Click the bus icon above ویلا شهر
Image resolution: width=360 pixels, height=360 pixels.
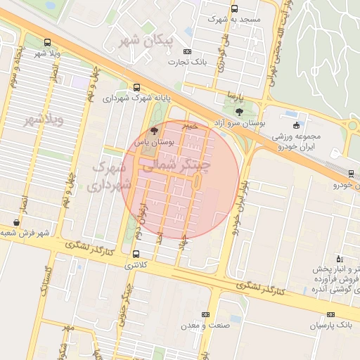coord(47,42)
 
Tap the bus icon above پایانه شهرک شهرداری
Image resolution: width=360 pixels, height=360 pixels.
coord(136,88)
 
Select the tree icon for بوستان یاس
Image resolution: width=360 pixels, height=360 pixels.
coord(155,131)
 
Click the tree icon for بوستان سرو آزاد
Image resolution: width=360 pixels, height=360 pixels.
coord(239,112)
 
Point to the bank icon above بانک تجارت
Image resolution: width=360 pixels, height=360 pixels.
coord(186,51)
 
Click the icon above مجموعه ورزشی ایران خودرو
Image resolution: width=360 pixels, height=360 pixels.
coord(292,115)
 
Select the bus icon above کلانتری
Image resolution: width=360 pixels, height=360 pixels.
coord(136,254)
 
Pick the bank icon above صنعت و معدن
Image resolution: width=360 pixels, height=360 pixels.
coord(205,314)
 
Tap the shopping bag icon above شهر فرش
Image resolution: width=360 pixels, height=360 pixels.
coord(16,222)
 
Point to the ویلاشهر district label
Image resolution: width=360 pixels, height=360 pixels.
coord(44,120)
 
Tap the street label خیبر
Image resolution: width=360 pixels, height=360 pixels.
coord(190,125)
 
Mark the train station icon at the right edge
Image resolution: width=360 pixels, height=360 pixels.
coord(351,173)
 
